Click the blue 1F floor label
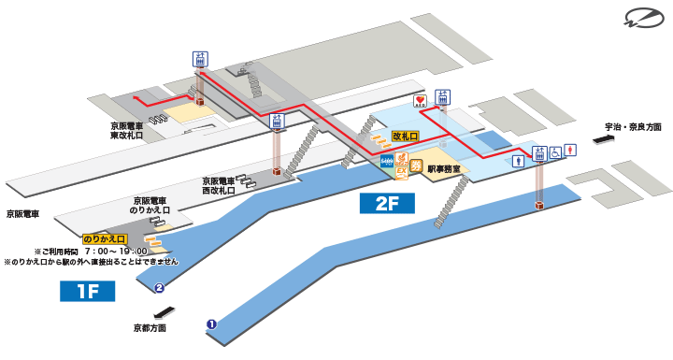click(87, 292)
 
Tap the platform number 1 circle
click(211, 324)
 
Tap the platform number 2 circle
click(160, 288)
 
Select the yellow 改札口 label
click(405, 137)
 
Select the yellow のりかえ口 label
click(104, 239)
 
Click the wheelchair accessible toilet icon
click(555, 151)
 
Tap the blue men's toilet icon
click(520, 160)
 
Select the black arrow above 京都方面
click(164, 312)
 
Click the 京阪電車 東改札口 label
click(125, 130)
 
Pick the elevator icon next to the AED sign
click(443, 97)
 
